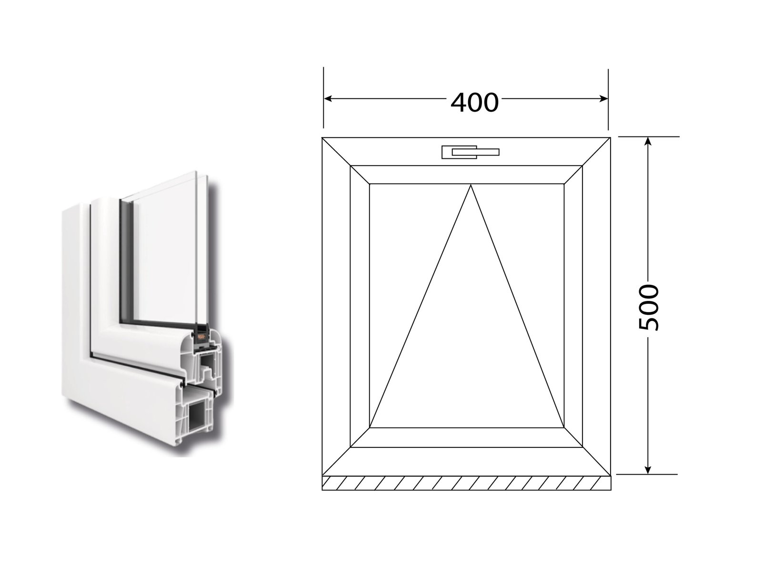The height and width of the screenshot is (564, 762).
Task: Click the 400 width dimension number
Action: (474, 103)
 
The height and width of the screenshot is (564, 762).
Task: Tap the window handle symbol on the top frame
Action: (470, 152)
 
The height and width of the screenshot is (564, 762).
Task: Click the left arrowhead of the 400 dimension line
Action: (328, 99)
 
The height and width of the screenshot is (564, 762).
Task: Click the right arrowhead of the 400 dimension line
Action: (603, 99)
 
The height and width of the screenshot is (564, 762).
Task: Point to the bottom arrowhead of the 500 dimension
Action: (648, 470)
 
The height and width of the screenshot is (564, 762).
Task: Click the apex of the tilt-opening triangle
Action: (471, 185)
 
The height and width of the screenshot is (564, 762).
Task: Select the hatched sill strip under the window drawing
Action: (466, 483)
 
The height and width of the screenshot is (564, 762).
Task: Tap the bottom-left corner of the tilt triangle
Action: (370, 428)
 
